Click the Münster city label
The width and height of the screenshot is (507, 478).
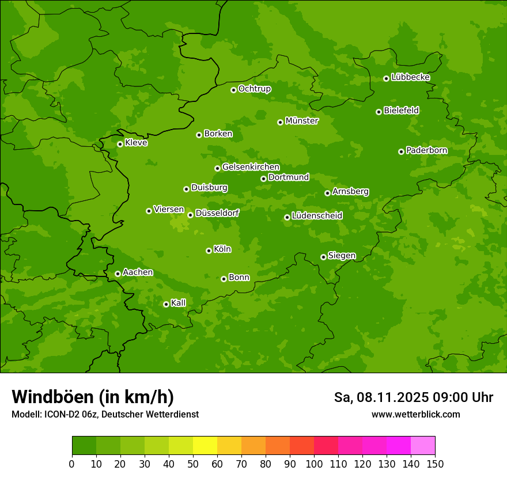[301, 121]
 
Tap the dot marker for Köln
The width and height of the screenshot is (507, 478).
[209, 251]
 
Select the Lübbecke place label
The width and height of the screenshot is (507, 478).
[410, 77]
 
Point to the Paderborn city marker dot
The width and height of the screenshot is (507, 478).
[401, 151]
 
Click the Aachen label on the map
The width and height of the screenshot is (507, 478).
[138, 272]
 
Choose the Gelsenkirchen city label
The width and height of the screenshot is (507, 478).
[251, 167]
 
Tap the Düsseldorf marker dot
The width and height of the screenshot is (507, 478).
[190, 215]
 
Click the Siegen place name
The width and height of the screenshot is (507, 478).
[342, 256]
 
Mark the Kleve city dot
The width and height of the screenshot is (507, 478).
[120, 144]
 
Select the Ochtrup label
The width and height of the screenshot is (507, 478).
[254, 89]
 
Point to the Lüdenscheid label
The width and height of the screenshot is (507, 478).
[317, 216]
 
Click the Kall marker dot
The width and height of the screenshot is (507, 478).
[166, 304]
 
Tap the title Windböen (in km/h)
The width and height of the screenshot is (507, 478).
[93, 397]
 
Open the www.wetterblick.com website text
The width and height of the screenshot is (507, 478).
[415, 414]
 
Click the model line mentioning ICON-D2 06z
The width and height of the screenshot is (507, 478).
[105, 414]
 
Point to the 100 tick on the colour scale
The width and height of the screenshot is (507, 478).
[314, 464]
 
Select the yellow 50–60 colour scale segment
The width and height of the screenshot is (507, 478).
[205, 446]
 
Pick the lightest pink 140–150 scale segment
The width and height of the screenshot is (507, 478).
[423, 446]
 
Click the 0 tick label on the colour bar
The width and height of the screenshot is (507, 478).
[72, 464]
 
